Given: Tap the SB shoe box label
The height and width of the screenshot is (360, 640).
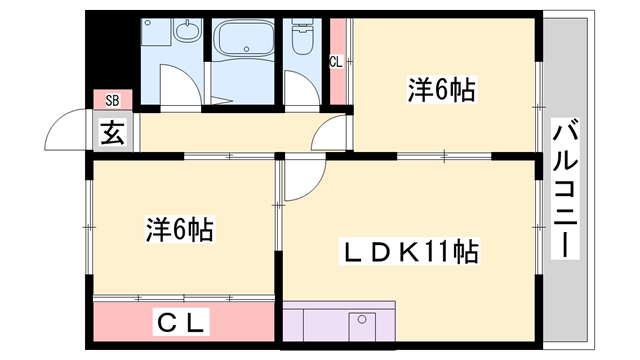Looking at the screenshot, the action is click(x=112, y=100).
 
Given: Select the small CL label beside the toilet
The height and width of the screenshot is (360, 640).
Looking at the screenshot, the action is click(x=336, y=61).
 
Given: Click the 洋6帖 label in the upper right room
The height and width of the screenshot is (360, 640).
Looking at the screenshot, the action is click(x=440, y=89).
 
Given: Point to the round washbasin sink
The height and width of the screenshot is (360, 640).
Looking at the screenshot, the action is click(x=185, y=35).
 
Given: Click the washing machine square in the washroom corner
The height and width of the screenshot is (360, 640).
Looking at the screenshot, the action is click(x=154, y=40).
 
